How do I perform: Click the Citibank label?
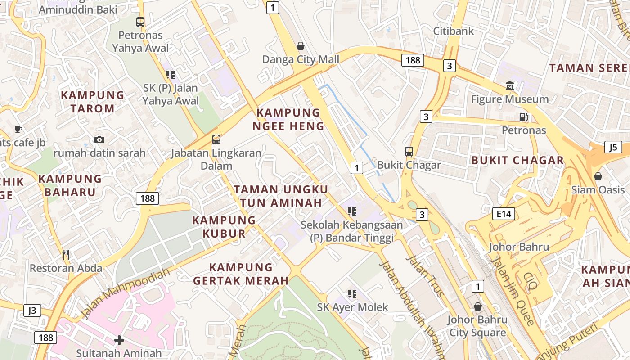click(454, 31)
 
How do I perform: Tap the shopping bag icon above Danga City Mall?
click(301, 46)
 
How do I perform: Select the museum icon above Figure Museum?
click(510, 85)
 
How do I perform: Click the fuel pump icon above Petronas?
click(523, 117)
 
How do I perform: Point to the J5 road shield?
click(613, 147)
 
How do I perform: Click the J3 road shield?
click(32, 310)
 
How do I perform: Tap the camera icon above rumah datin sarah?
click(99, 140)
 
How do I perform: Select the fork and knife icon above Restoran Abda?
click(66, 255)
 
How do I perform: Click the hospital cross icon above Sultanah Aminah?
click(119, 340)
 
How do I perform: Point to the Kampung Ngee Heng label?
click(288, 119)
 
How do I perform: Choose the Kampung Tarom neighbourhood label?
click(92, 102)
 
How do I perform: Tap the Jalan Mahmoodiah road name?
click(126, 293)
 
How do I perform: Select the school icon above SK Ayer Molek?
click(352, 294)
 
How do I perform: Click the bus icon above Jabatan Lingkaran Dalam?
click(216, 139)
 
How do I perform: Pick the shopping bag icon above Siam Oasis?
click(598, 176)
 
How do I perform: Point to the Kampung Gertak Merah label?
click(241, 274)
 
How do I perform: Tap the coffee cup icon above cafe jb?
click(18, 130)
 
